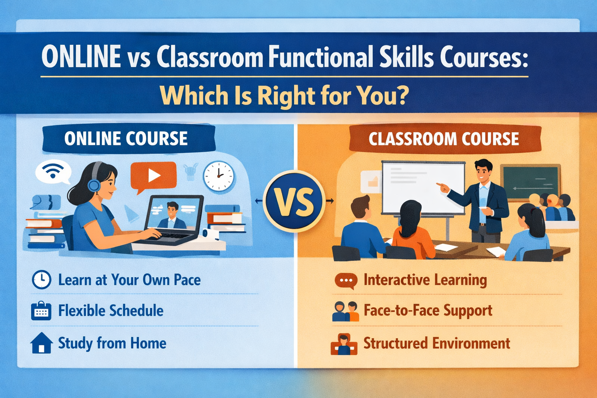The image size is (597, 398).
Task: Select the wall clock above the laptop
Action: click(x=218, y=176)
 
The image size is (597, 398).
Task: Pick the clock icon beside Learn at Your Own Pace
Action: click(x=41, y=279)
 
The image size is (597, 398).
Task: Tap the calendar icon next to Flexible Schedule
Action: click(x=41, y=311)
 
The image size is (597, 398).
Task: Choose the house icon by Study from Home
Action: click(x=41, y=343)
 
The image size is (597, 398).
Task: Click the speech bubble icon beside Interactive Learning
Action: click(x=346, y=281)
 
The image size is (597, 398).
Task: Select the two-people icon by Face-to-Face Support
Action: click(x=346, y=311)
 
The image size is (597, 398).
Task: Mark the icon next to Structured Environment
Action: click(x=344, y=344)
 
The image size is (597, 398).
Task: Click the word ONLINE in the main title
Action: click(x=81, y=57)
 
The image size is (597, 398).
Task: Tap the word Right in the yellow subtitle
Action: click(x=286, y=96)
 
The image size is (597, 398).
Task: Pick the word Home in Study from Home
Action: click(x=148, y=343)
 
